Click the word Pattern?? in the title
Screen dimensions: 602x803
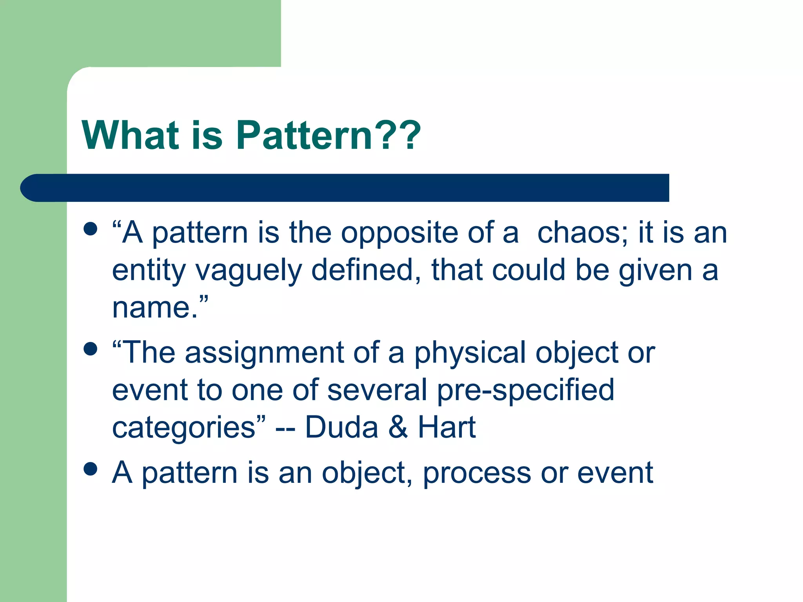click(x=329, y=135)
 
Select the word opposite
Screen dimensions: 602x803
click(x=399, y=234)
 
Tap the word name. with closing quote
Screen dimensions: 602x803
click(x=160, y=308)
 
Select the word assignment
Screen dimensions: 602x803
click(x=264, y=353)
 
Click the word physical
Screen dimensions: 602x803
click(x=470, y=353)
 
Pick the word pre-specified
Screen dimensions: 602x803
click(x=525, y=390)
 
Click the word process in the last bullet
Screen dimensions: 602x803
click(x=477, y=473)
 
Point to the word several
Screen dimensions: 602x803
click(x=377, y=390)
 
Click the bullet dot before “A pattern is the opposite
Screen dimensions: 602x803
click(x=91, y=229)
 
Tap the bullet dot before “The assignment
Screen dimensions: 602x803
click(x=91, y=349)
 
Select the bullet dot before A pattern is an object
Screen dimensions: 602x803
click(x=91, y=469)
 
